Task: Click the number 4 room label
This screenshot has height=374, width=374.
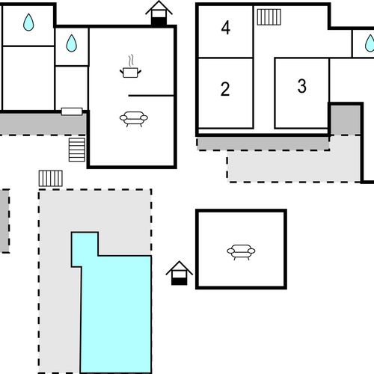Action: coord(226,28)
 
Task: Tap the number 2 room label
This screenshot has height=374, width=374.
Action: coord(225,89)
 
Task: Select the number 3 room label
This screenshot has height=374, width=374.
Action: coord(302,86)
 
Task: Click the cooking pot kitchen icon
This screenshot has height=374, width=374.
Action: coord(130,73)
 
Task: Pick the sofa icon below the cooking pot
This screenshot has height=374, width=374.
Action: coord(134,119)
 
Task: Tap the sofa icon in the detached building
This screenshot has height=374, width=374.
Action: coord(241,252)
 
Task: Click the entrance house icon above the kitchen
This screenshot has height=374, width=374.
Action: coord(159,13)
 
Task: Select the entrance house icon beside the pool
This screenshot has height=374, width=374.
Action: coord(180,273)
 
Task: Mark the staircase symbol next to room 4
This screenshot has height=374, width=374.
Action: coord(269,17)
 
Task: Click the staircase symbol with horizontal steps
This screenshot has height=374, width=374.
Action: coord(77,150)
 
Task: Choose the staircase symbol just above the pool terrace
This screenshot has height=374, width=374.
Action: coord(51,178)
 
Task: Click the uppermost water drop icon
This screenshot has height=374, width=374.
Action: coord(28,22)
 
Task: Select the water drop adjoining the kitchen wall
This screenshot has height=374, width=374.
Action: coord(72,43)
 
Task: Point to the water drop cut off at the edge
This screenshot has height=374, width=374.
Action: coord(370,43)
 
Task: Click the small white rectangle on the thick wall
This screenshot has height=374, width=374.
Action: coord(72,111)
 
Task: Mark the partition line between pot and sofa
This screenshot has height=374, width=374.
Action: coord(151,96)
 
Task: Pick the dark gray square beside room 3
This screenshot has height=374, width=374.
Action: coord(346,120)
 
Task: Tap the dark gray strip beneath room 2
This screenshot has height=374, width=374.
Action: coord(263,144)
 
